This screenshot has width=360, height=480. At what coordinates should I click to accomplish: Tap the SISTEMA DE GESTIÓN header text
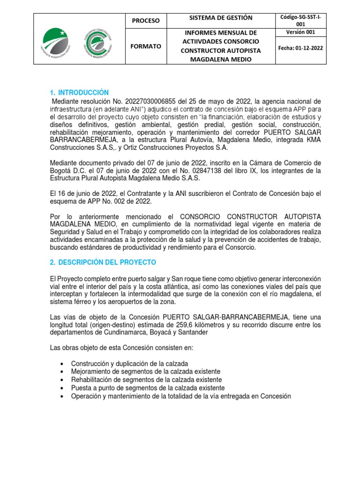(220, 18)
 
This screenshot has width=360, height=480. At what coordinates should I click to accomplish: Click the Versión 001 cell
(300, 32)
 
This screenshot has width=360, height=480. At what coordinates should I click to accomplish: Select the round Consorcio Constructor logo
(97, 44)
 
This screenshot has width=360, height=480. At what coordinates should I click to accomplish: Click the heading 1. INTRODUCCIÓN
(79, 92)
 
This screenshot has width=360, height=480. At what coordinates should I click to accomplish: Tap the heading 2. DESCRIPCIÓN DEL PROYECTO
(103, 262)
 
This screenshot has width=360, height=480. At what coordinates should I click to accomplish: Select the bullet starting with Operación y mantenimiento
(181, 396)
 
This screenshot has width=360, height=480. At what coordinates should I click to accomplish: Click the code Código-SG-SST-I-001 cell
(300, 21)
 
